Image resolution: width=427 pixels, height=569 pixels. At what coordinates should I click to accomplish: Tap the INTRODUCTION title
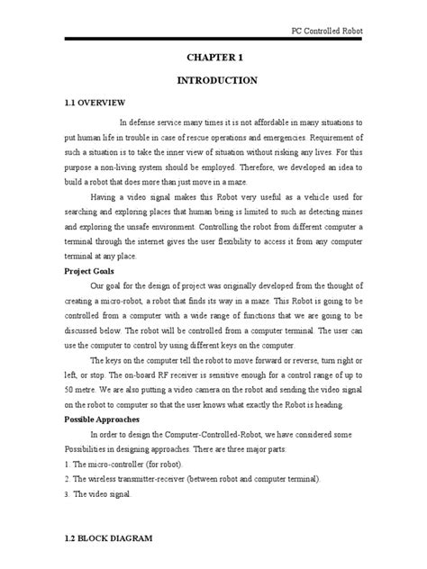pyautogui.click(x=213, y=80)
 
